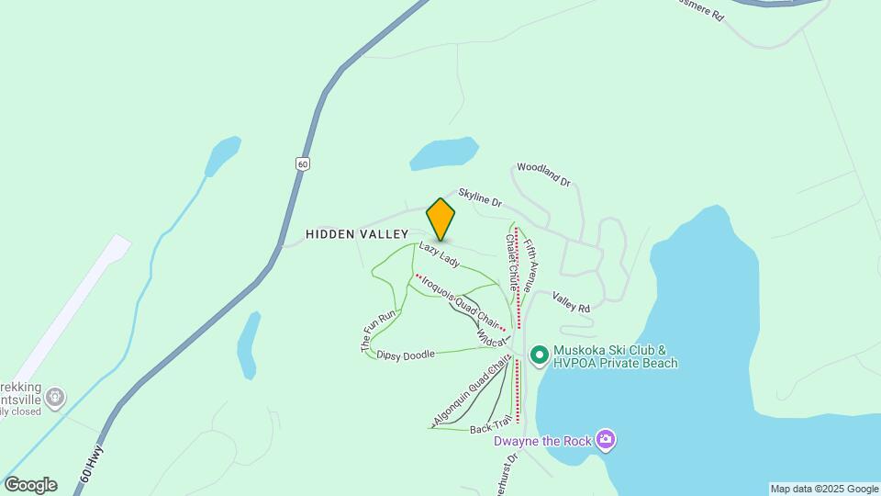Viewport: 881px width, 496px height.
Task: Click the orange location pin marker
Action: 440,219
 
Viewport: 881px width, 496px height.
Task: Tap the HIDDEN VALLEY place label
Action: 357,235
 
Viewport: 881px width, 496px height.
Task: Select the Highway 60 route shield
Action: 302,163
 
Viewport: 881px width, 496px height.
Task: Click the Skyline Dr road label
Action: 480,196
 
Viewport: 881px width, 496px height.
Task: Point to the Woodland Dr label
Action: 543,173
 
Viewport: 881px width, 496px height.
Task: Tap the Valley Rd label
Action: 570,302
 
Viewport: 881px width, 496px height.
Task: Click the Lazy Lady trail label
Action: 440,254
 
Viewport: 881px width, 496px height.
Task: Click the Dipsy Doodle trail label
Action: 406,355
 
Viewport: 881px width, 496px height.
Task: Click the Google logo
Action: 30,485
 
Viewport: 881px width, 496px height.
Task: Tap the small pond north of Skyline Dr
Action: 443,152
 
